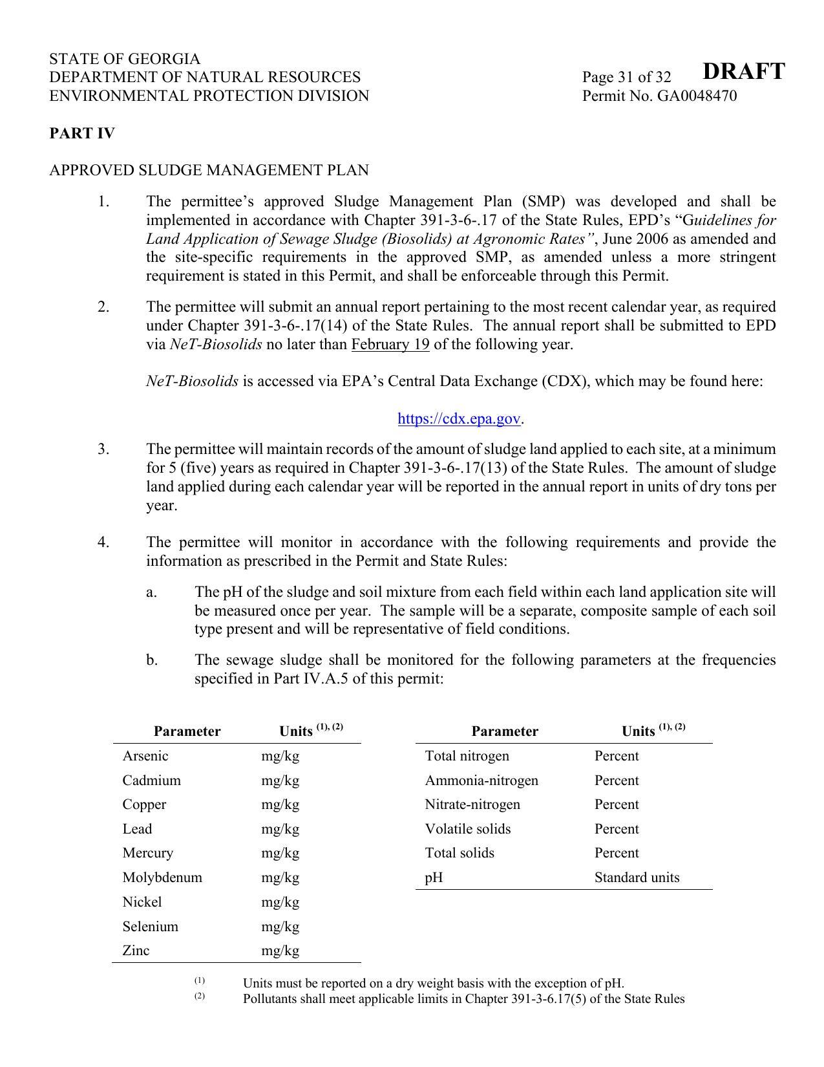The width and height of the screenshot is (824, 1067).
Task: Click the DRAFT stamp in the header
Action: [743, 71]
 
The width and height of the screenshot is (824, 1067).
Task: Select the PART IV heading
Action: [82, 134]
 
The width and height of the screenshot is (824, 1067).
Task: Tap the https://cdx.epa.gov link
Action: [459, 419]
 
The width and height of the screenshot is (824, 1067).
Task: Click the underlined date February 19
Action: [390, 344]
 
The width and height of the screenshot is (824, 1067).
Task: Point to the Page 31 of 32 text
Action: [626, 78]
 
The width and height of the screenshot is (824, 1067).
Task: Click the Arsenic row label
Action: [145, 756]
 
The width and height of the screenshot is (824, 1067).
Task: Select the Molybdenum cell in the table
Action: [162, 878]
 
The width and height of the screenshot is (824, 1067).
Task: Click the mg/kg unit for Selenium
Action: [280, 927]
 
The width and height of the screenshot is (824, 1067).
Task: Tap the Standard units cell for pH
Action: [637, 878]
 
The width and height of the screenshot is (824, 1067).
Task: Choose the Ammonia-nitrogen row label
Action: [481, 781]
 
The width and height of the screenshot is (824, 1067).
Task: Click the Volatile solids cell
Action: [468, 829]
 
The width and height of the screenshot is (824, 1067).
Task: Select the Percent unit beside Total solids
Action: [617, 853]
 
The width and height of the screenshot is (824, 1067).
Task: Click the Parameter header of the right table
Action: [505, 731]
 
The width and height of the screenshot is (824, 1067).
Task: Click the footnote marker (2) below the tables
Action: [200, 996]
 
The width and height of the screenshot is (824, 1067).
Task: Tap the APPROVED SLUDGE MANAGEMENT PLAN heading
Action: [209, 171]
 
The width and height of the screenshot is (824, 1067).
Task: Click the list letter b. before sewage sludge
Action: [152, 660]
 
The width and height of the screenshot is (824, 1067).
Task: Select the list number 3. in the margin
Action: [103, 449]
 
